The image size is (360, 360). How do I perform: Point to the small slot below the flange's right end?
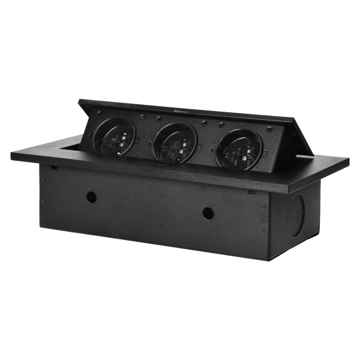248,191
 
